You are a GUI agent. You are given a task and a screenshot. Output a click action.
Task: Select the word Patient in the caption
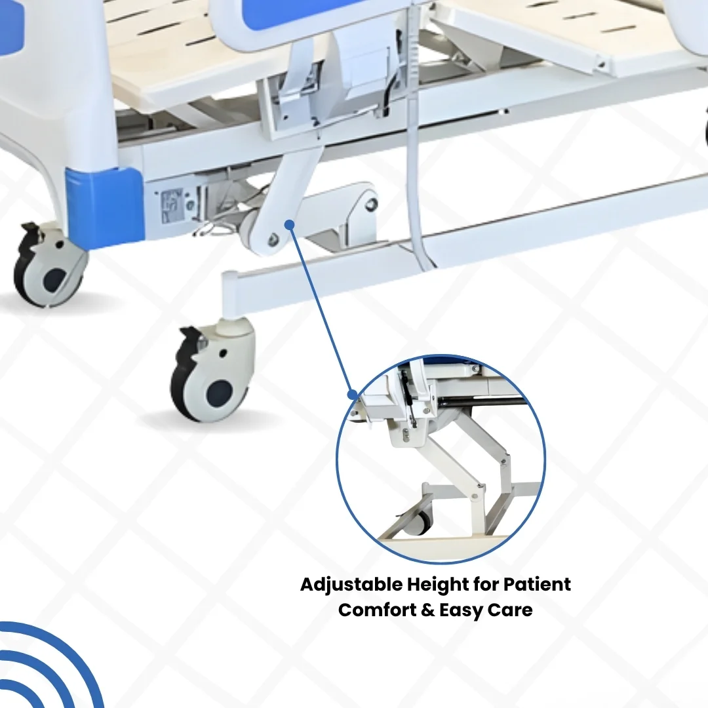tap(537, 584)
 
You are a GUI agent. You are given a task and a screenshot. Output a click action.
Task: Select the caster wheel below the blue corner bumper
tap(50, 265)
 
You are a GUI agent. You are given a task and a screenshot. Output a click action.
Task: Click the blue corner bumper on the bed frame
tap(105, 208)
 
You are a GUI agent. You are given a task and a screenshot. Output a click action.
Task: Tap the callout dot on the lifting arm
tap(290, 224)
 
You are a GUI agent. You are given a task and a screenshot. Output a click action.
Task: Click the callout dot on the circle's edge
tap(352, 394)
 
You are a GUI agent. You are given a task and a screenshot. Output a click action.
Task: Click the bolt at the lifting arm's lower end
tap(272, 240)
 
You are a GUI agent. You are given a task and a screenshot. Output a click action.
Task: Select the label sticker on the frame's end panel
tap(172, 206)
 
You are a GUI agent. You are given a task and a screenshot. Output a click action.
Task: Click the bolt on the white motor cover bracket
tap(371, 205)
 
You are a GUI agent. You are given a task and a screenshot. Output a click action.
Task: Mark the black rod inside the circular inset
tap(483, 401)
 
